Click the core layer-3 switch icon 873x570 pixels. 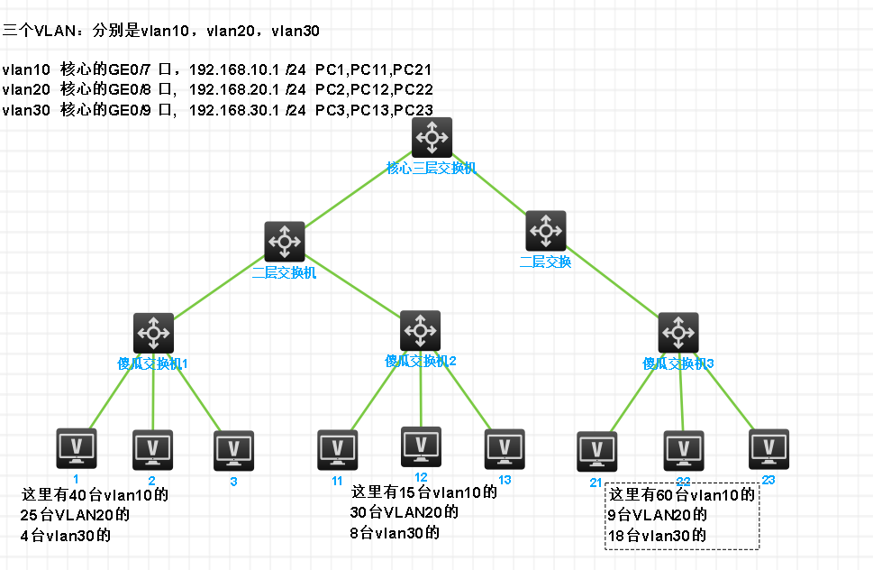click(x=432, y=137)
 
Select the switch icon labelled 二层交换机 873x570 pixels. click(x=285, y=242)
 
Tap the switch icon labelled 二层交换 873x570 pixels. click(x=546, y=232)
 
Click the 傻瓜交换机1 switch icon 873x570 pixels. click(x=153, y=334)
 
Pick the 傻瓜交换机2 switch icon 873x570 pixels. click(x=420, y=331)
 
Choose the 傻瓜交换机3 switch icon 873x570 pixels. click(x=678, y=334)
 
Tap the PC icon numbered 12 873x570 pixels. click(x=421, y=446)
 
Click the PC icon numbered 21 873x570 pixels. click(x=596, y=452)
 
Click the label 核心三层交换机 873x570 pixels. click(x=432, y=168)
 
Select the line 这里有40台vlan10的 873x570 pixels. click(x=95, y=495)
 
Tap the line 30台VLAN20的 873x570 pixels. click(x=404, y=512)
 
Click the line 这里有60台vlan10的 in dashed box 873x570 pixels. click(x=681, y=495)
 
